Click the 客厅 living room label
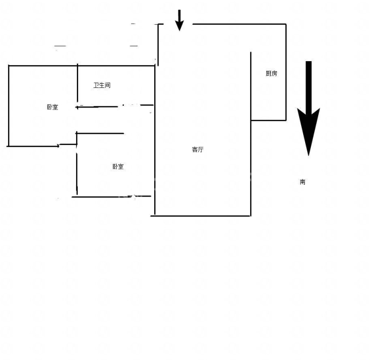click(x=198, y=150)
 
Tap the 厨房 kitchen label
click(x=271, y=74)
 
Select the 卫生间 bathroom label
click(x=102, y=85)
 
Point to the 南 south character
click(x=303, y=182)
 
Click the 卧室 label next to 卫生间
click(x=52, y=107)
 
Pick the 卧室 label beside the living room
click(x=118, y=167)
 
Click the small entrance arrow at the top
click(x=179, y=21)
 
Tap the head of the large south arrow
click(x=308, y=132)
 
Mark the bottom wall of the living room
click(x=200, y=215)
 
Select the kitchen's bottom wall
click(x=269, y=120)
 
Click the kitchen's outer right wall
click(x=286, y=72)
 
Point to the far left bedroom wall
click(x=9, y=105)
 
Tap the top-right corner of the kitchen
click(x=286, y=24)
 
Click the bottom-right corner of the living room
click(x=251, y=215)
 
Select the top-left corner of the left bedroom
click(x=9, y=66)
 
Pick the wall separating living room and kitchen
click(x=251, y=134)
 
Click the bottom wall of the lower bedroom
click(x=112, y=196)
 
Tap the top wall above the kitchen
click(x=239, y=24)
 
